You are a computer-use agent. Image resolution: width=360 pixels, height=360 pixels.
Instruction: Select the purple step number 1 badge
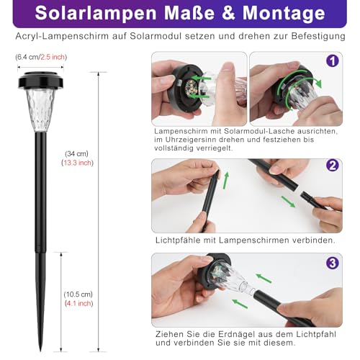[x=332, y=61]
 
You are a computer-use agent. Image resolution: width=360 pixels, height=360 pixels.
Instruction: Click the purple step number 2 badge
[x=332, y=166]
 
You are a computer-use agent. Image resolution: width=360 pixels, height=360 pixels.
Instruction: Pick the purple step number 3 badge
[x=332, y=263]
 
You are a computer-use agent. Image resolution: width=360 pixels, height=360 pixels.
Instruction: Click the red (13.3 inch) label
[x=76, y=163]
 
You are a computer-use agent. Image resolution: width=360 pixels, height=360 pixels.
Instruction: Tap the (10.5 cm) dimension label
[x=77, y=294]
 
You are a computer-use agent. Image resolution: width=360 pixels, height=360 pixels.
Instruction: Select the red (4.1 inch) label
[x=76, y=303]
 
